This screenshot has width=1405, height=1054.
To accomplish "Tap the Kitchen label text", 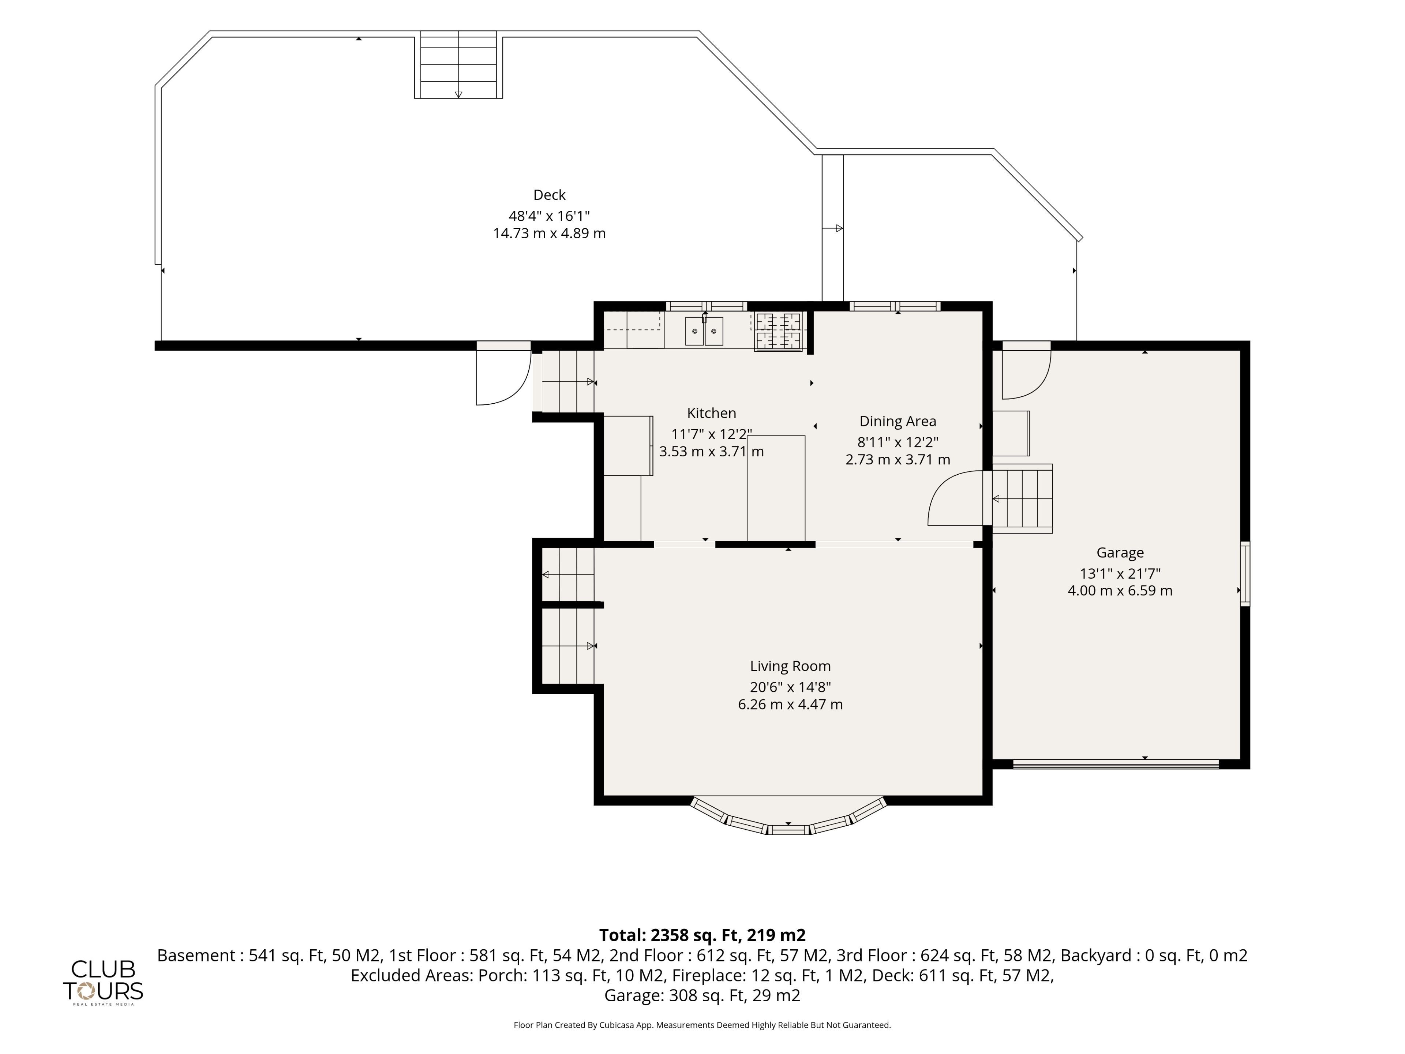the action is tap(711, 413).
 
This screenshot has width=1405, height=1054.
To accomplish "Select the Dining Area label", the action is tap(898, 421).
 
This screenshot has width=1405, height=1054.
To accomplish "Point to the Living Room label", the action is tap(790, 666).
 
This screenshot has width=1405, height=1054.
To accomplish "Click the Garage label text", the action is tap(1120, 553).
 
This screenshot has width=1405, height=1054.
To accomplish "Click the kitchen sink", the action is tap(704, 331).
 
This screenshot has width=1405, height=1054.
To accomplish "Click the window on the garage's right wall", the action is tap(1245, 574).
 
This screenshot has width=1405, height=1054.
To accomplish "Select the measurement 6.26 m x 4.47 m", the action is tap(790, 704).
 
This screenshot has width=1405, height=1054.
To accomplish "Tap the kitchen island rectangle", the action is tap(776, 488).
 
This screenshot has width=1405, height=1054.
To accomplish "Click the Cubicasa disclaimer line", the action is tap(702, 1025).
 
